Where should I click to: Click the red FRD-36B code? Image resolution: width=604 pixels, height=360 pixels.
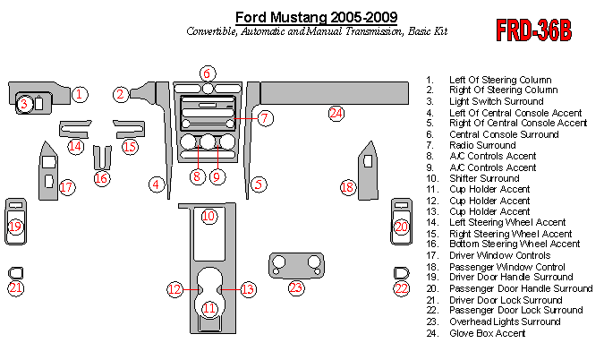click(x=534, y=30)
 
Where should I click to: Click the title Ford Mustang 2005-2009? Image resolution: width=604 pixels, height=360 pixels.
click(x=317, y=17)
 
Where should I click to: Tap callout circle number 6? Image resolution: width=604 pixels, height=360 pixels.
click(x=207, y=73)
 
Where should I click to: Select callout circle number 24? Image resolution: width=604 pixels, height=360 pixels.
click(x=336, y=113)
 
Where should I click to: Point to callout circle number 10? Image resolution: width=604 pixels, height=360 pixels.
click(x=208, y=216)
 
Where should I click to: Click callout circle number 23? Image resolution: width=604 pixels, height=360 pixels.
click(x=295, y=287)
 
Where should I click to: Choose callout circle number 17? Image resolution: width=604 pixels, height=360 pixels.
click(x=67, y=187)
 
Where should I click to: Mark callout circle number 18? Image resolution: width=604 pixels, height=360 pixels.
click(x=348, y=187)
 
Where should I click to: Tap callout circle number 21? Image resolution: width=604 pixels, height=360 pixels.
click(x=16, y=287)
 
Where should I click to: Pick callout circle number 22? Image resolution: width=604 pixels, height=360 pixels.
click(x=402, y=287)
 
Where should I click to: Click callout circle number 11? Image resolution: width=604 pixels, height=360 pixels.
click(x=208, y=308)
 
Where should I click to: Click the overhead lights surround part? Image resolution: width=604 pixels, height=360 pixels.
click(x=295, y=263)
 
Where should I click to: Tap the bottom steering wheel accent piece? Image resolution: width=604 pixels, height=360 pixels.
click(x=102, y=159)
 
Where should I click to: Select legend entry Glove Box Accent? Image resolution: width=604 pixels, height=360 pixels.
click(x=488, y=333)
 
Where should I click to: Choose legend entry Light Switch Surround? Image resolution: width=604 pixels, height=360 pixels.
click(x=497, y=101)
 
